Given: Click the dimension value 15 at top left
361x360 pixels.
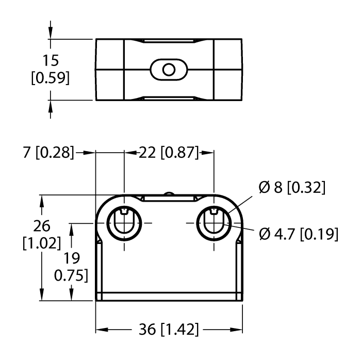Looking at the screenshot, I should (50, 60).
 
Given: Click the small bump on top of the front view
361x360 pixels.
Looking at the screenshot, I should (169, 193).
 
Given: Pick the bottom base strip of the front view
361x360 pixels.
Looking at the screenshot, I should (169, 297).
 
